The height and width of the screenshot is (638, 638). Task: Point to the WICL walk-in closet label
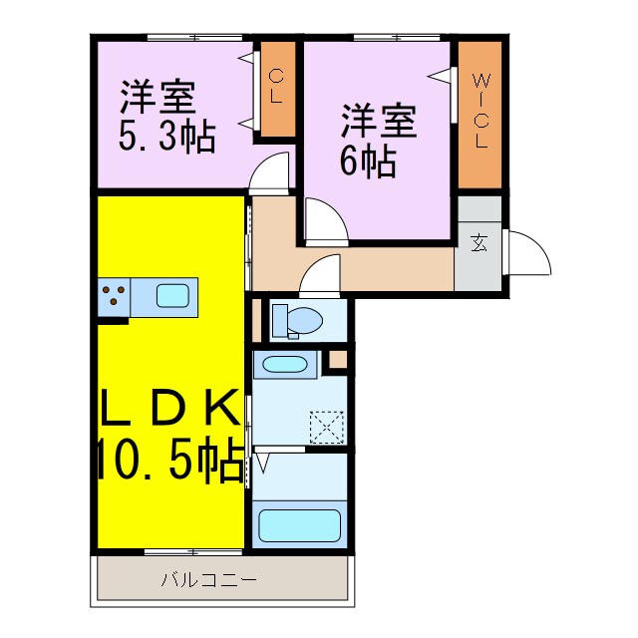pyautogui.click(x=480, y=113)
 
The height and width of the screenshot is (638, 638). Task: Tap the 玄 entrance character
pyautogui.click(x=479, y=242)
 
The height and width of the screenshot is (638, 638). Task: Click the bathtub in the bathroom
pyautogui.click(x=300, y=522)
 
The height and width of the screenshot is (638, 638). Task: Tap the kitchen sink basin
pyautogui.click(x=173, y=295)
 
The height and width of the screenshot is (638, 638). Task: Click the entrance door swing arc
pyautogui.click(x=531, y=254)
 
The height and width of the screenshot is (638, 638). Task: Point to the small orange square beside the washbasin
pyautogui.click(x=339, y=358)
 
